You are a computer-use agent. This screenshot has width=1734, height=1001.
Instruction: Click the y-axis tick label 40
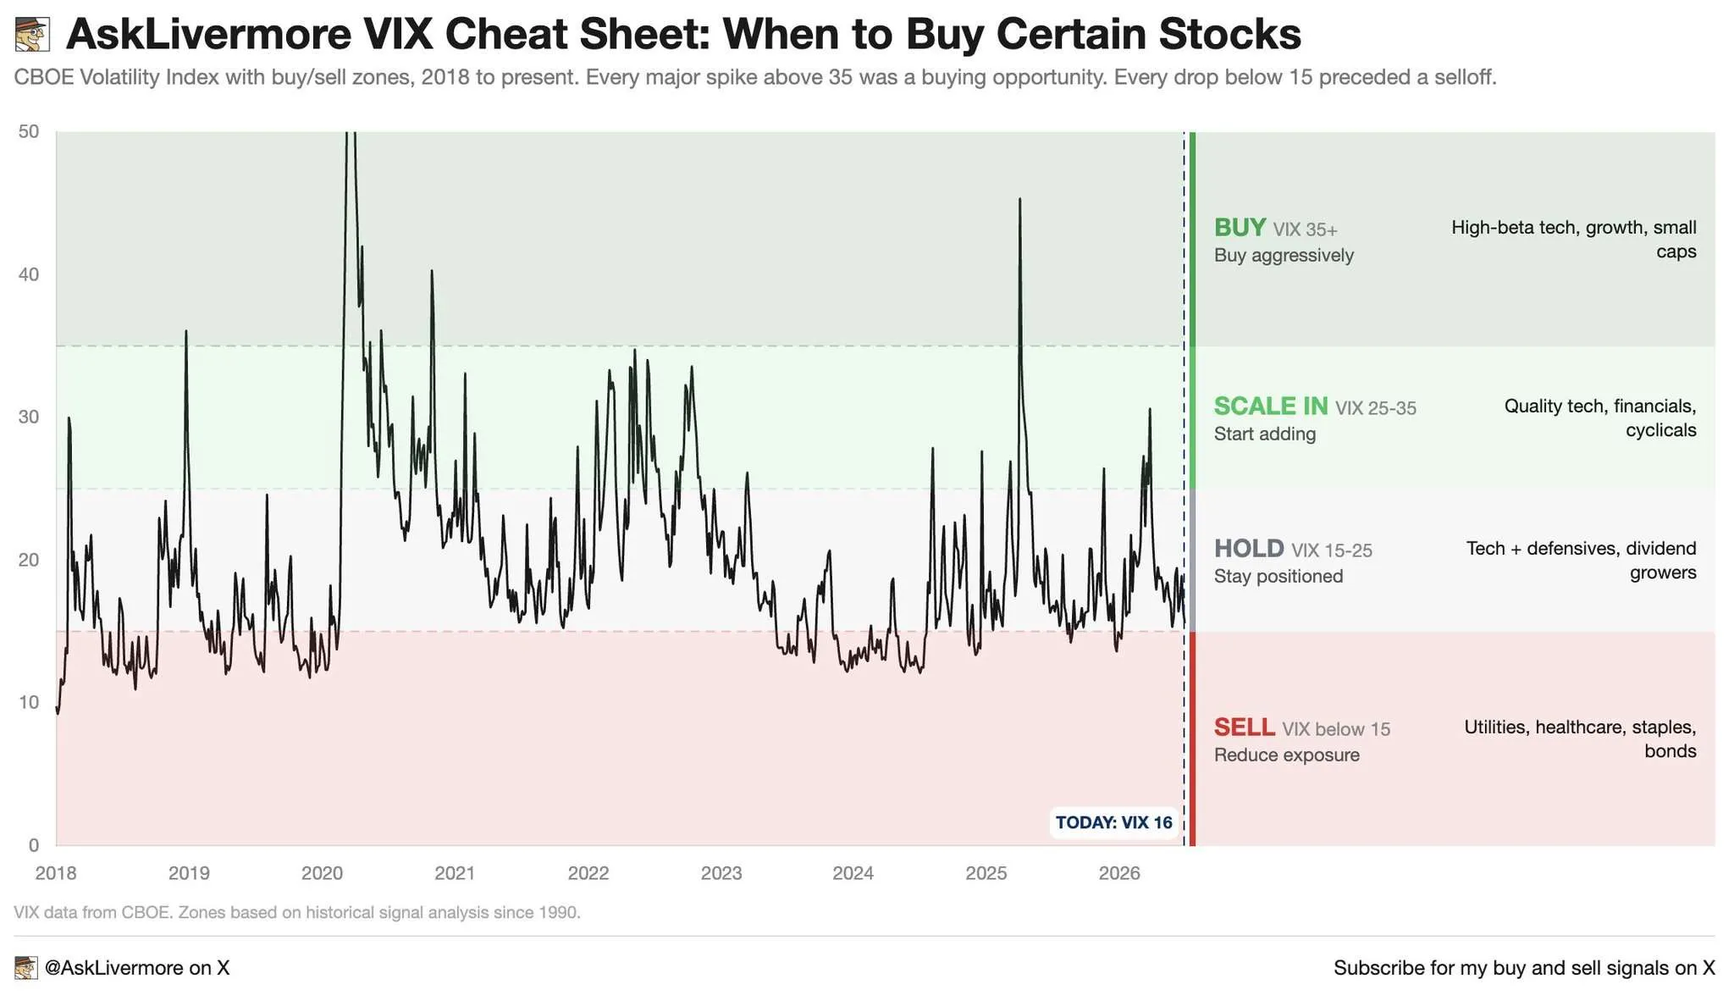pyautogui.click(x=29, y=274)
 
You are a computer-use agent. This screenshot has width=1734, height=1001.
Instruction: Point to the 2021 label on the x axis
pyautogui.click(x=455, y=873)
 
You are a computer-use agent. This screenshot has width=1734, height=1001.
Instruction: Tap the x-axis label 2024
pyautogui.click(x=853, y=873)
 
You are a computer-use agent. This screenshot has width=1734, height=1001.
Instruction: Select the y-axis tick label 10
pyautogui.click(x=29, y=702)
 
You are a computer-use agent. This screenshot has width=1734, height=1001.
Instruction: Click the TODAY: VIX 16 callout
pyautogui.click(x=1114, y=822)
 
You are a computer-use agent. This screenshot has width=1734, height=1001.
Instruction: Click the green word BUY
pyautogui.click(x=1240, y=227)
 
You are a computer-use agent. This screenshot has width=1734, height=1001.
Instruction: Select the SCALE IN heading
pyautogui.click(x=1271, y=406)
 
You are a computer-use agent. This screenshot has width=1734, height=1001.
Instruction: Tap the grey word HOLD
pyautogui.click(x=1249, y=548)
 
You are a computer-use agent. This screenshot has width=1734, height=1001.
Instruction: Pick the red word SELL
pyautogui.click(x=1245, y=727)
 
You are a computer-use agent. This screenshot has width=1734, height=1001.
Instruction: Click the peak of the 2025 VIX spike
pyautogui.click(x=1019, y=199)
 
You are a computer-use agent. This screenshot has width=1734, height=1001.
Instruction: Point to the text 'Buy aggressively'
pyautogui.click(x=1284, y=255)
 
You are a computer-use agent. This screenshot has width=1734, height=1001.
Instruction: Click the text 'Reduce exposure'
pyautogui.click(x=1287, y=755)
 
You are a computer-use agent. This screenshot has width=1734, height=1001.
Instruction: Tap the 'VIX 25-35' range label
pyautogui.click(x=1376, y=408)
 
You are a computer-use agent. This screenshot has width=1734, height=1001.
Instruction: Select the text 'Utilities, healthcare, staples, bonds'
pyautogui.click(x=1580, y=738)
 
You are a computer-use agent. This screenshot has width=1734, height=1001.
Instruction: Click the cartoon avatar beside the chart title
pyautogui.click(x=33, y=35)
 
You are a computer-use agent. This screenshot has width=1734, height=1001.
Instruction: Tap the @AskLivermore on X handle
pyautogui.click(x=136, y=967)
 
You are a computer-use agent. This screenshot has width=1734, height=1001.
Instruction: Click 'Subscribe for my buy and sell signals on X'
pyautogui.click(x=1524, y=967)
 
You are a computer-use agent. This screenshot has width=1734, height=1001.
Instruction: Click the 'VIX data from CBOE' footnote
pyautogui.click(x=297, y=912)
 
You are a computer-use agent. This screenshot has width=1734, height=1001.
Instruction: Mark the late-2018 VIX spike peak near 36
pyautogui.click(x=186, y=331)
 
